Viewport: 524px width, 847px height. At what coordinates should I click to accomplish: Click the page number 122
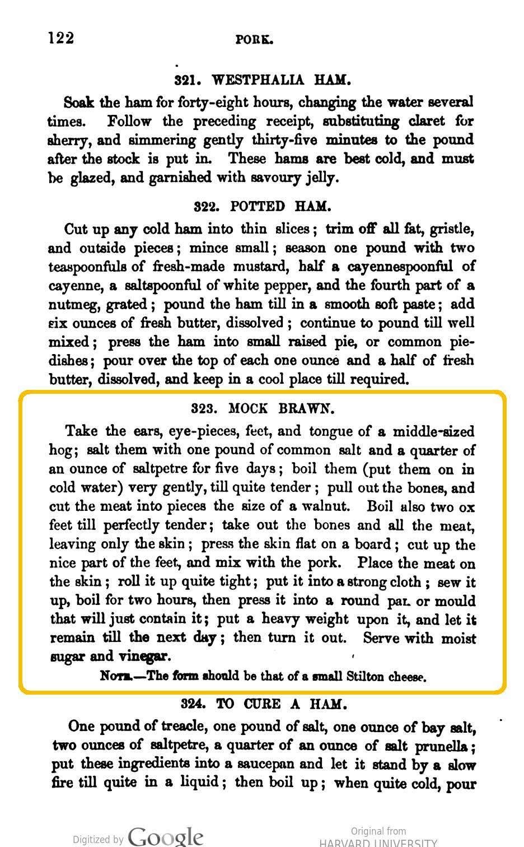click(61, 38)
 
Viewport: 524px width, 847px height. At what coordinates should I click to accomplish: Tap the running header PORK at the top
click(255, 39)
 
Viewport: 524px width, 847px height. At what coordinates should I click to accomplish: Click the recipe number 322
click(207, 206)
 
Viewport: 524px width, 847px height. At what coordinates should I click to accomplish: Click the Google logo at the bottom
click(165, 836)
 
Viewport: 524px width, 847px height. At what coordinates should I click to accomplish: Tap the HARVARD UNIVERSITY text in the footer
click(378, 843)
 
